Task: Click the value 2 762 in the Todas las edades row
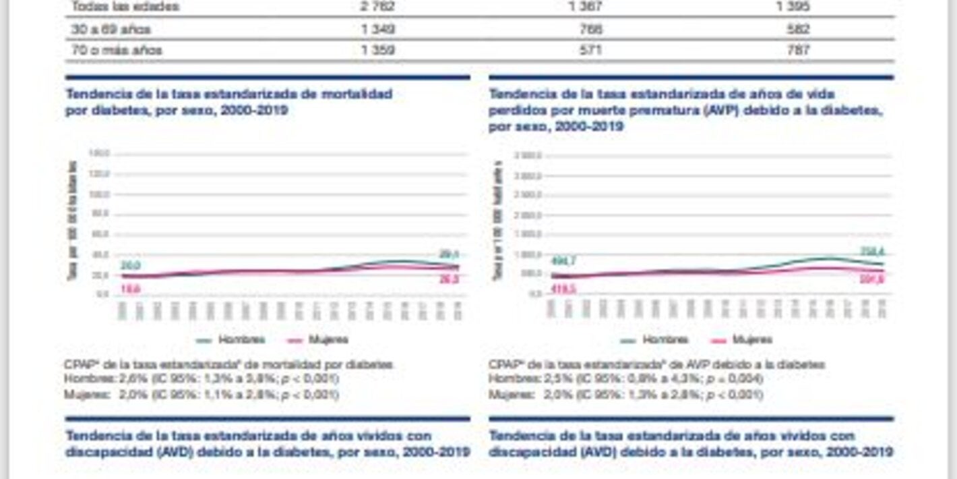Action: pos(378,7)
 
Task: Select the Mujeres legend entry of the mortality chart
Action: pos(317,340)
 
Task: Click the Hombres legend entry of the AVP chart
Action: pos(654,340)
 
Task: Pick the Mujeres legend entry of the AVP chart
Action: pos(741,340)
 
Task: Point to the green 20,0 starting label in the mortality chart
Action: pos(131,266)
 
